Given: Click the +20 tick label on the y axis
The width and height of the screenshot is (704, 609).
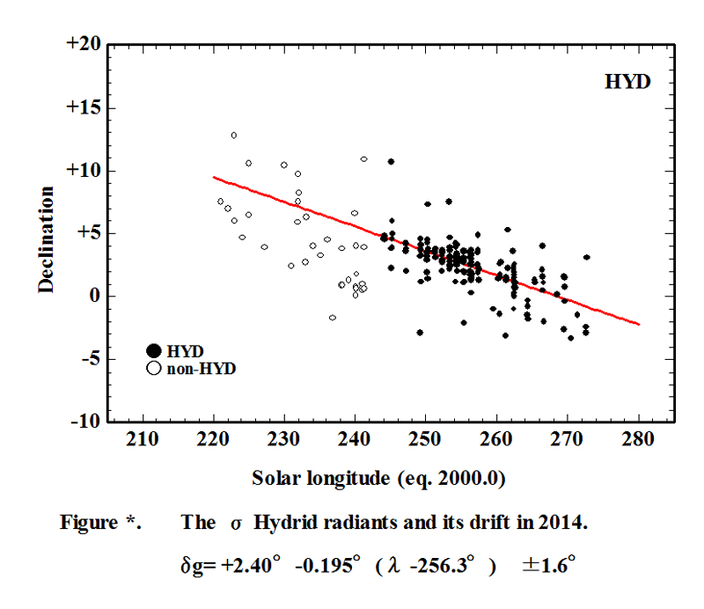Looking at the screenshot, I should (x=84, y=45).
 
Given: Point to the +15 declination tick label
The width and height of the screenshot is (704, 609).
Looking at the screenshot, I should (x=84, y=108).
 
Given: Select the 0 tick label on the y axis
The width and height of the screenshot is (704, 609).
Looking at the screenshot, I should (x=93, y=297).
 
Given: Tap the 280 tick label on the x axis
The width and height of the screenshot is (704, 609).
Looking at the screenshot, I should (x=639, y=439).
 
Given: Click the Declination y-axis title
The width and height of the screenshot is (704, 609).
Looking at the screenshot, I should (x=47, y=238).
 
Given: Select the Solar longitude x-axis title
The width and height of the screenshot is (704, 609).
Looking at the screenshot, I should (x=355, y=479).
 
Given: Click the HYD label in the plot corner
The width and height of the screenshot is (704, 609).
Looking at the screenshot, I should (x=627, y=82).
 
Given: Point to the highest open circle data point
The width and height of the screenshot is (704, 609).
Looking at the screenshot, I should (x=234, y=136).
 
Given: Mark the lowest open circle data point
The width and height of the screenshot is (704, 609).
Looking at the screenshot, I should (x=333, y=318).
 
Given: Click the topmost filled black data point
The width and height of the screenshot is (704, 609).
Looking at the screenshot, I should (x=391, y=162).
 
